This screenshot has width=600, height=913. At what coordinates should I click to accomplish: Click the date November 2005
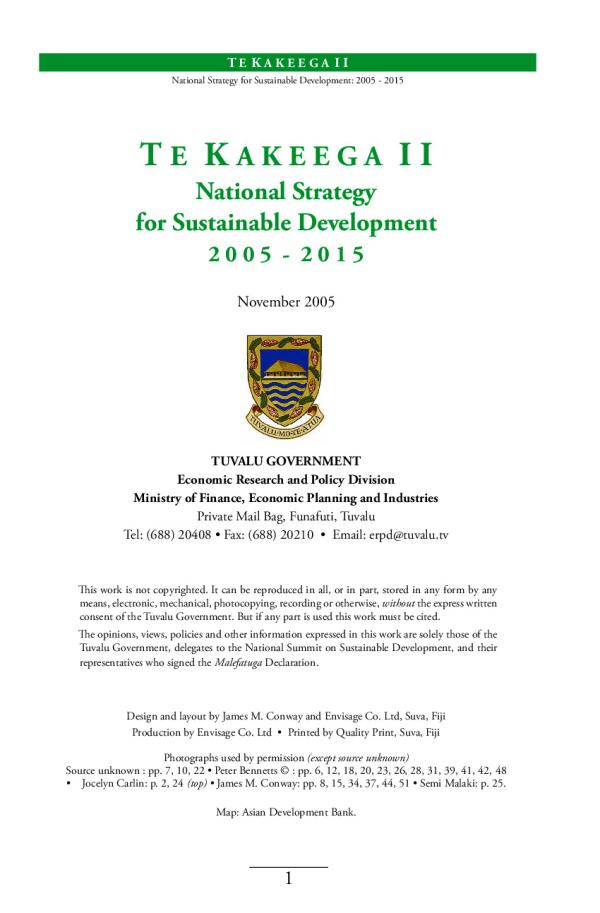[x=286, y=300]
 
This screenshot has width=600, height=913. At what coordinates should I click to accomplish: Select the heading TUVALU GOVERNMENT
[x=286, y=461]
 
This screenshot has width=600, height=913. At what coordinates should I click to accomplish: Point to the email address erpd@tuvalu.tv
[x=406, y=534]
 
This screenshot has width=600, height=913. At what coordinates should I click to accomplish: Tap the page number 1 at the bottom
[x=288, y=880]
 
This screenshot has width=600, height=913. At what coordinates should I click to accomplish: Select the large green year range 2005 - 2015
[x=286, y=254]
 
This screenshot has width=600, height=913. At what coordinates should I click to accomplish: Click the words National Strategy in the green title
[x=286, y=189]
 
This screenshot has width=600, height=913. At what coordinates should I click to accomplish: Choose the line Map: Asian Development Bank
[x=286, y=813]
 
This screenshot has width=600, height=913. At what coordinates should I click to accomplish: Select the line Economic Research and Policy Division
[x=286, y=479]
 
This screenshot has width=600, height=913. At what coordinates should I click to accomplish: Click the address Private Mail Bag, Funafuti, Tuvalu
[x=286, y=516]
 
